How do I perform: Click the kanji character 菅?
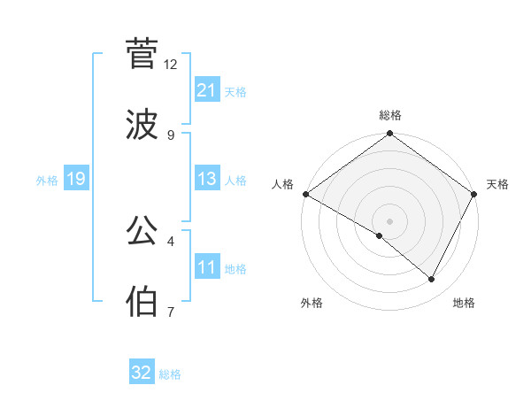[142, 53]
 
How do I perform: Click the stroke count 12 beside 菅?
[171, 64]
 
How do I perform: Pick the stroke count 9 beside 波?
[171, 135]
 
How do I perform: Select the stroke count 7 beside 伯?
[171, 312]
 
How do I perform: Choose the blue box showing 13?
[206, 179]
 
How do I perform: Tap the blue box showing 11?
[206, 266]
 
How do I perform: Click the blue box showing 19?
[75, 179]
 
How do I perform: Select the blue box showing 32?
[142, 373]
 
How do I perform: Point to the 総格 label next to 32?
[170, 374]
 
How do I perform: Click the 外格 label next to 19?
[47, 181]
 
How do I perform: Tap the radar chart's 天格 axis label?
[497, 184]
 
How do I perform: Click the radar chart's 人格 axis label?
[282, 184]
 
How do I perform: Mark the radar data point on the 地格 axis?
[432, 280]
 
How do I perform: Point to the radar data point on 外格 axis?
[380, 235]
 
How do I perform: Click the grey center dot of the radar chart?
[389, 220]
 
